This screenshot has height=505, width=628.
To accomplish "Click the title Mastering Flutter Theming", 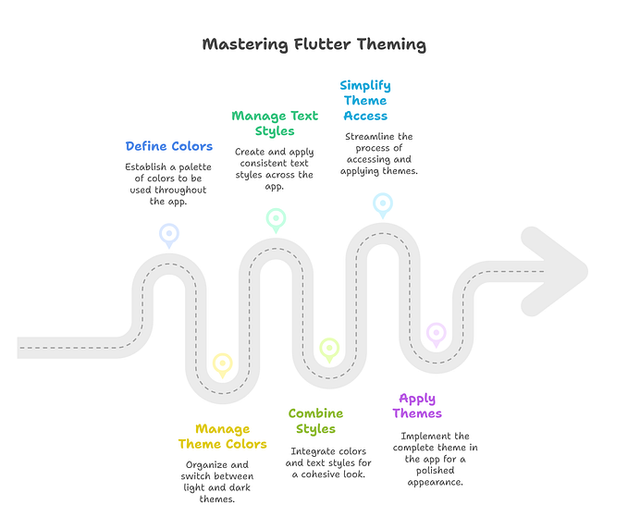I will click(314, 43).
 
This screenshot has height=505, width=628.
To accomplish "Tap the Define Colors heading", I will click(169, 146).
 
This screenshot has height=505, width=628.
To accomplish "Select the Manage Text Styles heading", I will click(275, 123).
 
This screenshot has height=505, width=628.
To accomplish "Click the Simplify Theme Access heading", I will click(364, 101).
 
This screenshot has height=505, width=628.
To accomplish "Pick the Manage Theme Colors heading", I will click(222, 437).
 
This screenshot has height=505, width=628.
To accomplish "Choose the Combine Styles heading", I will click(315, 421).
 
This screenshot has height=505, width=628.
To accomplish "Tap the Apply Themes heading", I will click(417, 406).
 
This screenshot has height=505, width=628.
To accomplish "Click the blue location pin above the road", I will click(168, 233).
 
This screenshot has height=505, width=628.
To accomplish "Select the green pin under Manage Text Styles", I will click(276, 219).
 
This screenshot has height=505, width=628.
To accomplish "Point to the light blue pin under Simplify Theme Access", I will click(382, 203).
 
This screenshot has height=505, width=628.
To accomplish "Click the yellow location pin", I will click(222, 363).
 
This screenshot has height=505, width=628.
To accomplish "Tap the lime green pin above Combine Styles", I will click(329, 349).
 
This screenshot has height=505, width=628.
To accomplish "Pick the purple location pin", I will click(436, 333).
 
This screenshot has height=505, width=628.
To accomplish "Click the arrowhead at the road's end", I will click(559, 269).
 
